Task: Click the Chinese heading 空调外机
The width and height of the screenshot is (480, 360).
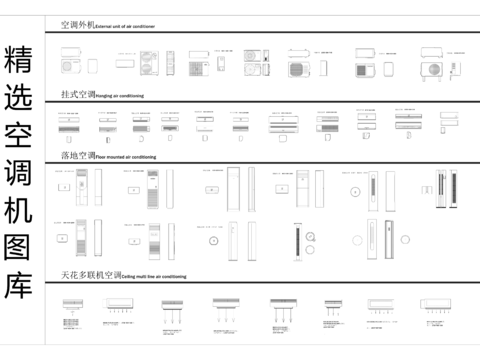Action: [x=76, y=24]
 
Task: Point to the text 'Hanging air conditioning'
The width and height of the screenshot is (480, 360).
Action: [x=120, y=95]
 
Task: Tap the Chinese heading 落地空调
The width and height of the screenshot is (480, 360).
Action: [x=76, y=156]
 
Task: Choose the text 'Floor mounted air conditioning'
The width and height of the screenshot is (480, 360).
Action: [x=126, y=158]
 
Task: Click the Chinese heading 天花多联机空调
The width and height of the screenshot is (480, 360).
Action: [x=90, y=274]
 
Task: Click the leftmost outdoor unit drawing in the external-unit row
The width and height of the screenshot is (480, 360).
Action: [x=70, y=66]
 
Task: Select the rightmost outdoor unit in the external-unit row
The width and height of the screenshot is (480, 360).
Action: [x=434, y=67]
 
